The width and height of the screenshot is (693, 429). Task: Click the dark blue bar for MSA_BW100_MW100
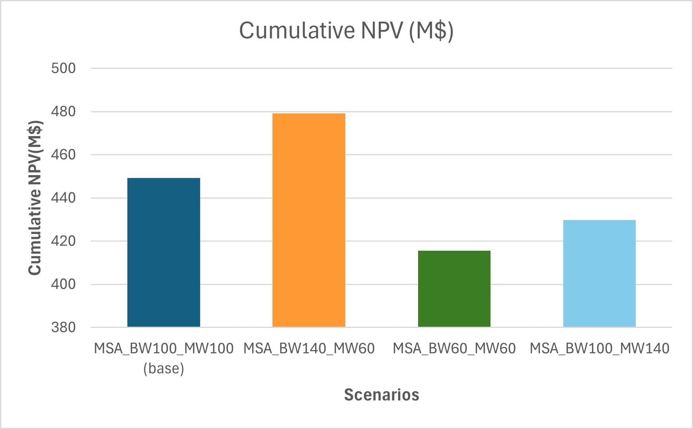(x=164, y=252)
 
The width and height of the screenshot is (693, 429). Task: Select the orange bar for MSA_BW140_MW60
(x=309, y=220)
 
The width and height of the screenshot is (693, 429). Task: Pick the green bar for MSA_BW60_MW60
(x=454, y=289)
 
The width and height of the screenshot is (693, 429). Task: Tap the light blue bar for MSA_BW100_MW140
(x=599, y=273)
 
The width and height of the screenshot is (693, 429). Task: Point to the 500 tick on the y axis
(x=63, y=68)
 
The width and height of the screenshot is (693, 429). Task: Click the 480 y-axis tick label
(x=63, y=111)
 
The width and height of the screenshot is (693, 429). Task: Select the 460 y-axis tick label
(x=63, y=154)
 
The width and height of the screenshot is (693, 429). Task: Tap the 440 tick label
(x=63, y=198)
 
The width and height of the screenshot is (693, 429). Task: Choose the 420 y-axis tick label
(x=63, y=241)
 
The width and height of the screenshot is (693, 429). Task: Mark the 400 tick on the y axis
(x=63, y=284)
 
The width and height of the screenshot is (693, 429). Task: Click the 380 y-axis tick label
(x=63, y=327)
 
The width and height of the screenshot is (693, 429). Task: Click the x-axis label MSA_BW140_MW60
(x=309, y=349)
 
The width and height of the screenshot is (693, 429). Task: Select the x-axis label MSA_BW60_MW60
(x=454, y=349)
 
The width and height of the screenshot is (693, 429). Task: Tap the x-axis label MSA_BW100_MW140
(x=599, y=349)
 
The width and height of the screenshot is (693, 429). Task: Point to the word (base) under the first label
(x=164, y=369)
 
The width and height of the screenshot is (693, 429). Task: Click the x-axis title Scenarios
(x=382, y=395)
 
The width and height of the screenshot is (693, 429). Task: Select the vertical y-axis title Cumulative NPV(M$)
(x=35, y=197)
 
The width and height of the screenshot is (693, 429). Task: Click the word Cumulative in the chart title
(x=297, y=30)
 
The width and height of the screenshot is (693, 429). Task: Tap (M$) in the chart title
(x=431, y=30)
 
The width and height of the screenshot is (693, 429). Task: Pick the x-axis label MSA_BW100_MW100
(x=164, y=349)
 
